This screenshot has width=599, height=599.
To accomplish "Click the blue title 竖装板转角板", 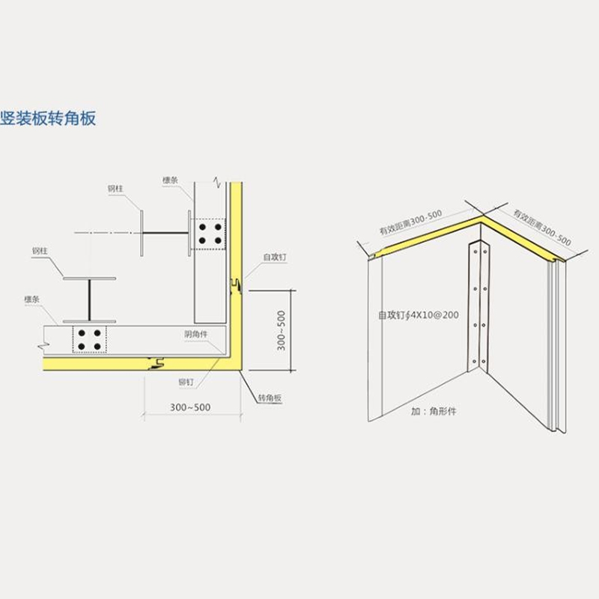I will pos(49,118).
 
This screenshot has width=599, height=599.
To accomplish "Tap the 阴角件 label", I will pos(197,335).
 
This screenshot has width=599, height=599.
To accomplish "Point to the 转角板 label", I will pos(269,398).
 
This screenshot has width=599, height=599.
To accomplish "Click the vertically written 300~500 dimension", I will pos(280,330).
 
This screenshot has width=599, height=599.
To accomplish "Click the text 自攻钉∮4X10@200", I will pos(419,315).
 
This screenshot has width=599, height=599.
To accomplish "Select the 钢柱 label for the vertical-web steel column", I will pos(115,189).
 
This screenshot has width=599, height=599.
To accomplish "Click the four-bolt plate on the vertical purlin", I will pos(209,233).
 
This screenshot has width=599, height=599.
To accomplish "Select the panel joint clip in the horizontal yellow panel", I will pos(157,365).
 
